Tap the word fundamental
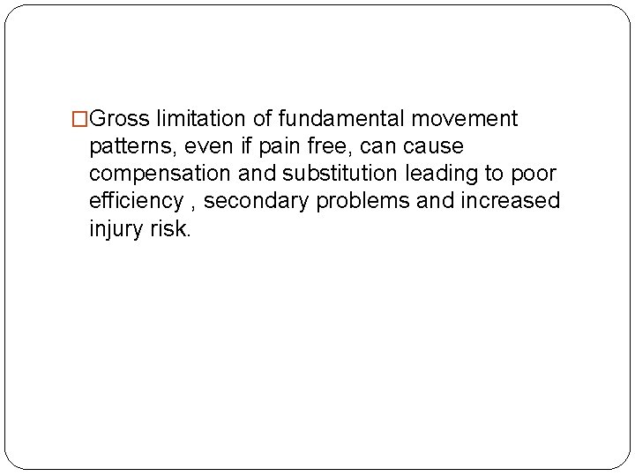(327, 118)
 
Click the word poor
(535, 174)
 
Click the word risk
(169, 229)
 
